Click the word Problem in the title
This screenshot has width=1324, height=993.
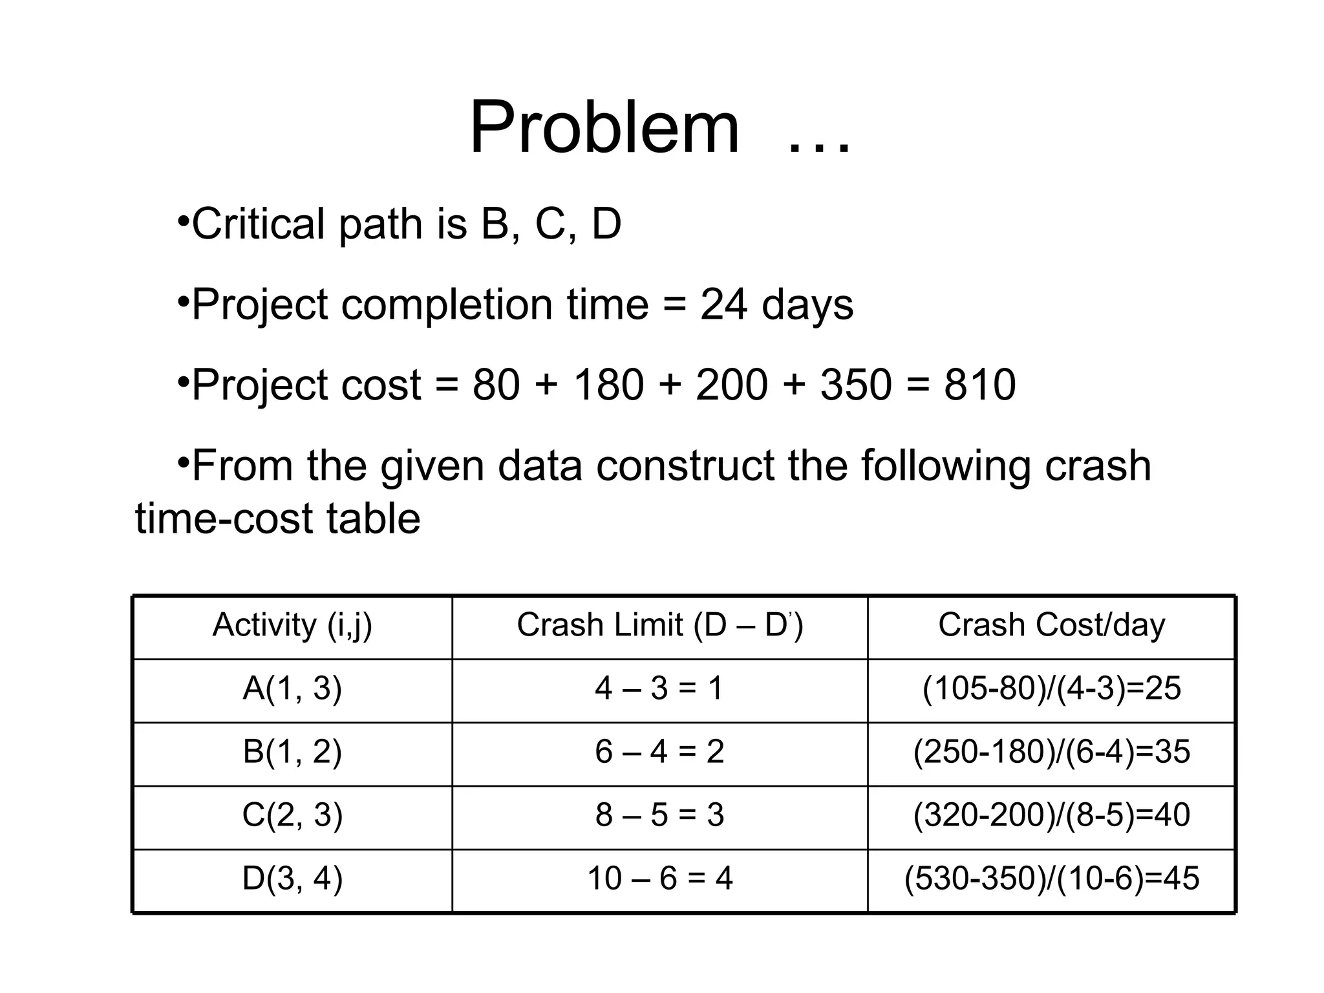pyautogui.click(x=604, y=127)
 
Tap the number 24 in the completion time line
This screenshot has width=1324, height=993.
pyautogui.click(x=724, y=304)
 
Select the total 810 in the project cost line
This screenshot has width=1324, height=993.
pyautogui.click(x=980, y=385)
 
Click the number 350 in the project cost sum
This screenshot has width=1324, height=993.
pyautogui.click(x=856, y=385)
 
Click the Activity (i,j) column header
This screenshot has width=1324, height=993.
pyautogui.click(x=292, y=625)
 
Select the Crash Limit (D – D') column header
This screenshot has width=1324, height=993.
pyautogui.click(x=659, y=625)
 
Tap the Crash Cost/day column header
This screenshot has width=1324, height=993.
pyautogui.click(x=1051, y=625)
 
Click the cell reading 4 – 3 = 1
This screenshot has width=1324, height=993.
pyautogui.click(x=659, y=689)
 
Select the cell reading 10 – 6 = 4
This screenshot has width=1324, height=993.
pyautogui.click(x=659, y=879)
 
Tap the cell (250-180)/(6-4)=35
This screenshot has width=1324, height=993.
pyautogui.click(x=1051, y=752)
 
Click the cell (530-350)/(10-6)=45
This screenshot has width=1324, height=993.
pyautogui.click(x=1051, y=879)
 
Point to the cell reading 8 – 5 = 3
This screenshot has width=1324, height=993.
pyautogui.click(x=659, y=815)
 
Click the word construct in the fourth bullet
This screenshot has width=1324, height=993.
pyautogui.click(x=685, y=466)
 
